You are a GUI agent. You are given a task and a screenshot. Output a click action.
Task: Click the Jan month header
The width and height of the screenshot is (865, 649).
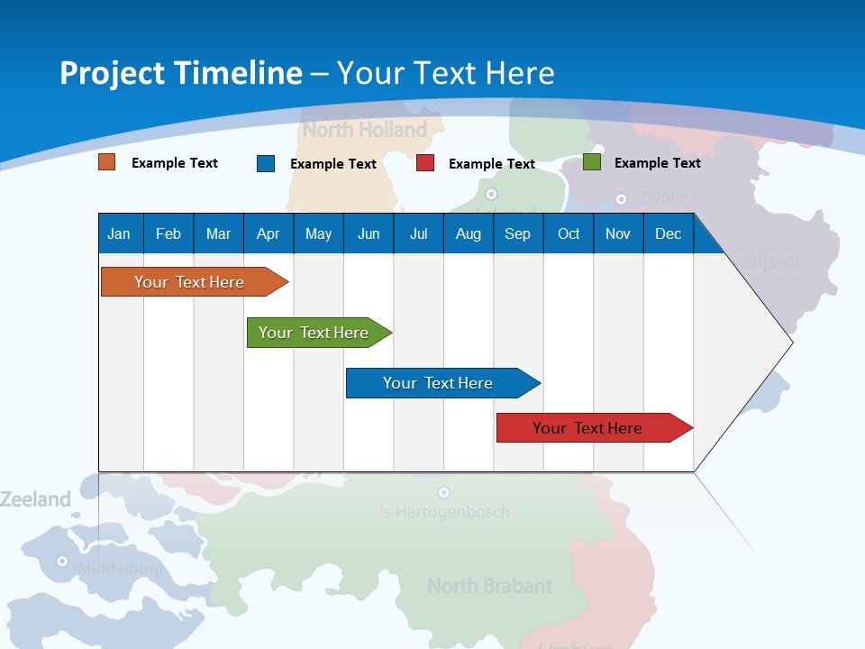[119, 234]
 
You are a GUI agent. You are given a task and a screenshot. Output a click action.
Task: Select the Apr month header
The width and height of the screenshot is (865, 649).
[268, 234]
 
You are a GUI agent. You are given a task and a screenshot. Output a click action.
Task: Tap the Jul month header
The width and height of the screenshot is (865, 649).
[418, 234]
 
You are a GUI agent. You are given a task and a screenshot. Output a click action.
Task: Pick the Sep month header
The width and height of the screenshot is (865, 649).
[517, 234]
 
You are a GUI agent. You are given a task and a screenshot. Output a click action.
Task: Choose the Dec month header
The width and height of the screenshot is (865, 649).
[668, 234]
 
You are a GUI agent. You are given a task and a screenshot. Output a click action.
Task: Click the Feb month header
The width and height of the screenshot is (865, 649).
[168, 234]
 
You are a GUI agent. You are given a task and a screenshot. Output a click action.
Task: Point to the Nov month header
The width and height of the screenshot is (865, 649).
[618, 234]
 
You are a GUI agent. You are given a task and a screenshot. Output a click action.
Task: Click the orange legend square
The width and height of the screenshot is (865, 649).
[106, 162]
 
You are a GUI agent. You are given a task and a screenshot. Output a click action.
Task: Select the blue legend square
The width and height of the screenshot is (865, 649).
[265, 163]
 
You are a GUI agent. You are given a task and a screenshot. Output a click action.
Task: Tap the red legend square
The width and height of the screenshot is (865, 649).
[425, 163]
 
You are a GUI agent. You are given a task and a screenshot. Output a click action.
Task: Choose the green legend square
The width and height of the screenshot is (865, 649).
[591, 162]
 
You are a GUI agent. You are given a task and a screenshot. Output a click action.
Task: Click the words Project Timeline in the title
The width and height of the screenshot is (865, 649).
[181, 72]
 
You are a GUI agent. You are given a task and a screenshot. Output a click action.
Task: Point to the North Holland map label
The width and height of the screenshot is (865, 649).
[364, 130]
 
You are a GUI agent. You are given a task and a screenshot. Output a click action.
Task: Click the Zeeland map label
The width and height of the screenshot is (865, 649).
[35, 499]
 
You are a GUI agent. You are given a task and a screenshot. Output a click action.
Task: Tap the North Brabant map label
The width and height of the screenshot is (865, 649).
[489, 586]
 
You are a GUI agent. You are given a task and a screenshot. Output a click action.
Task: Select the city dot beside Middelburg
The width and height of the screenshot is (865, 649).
[62, 561]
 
